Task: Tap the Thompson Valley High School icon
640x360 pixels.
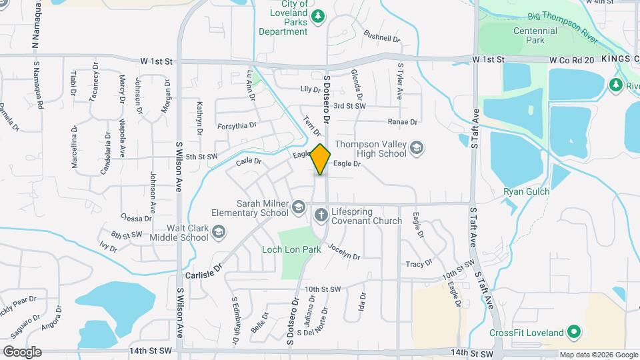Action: click(x=417, y=147)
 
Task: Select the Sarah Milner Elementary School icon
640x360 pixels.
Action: click(x=298, y=209)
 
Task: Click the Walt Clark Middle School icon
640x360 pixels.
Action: click(x=219, y=232)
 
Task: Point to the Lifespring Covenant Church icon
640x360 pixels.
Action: click(x=321, y=215)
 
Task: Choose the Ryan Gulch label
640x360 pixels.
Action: click(x=527, y=192)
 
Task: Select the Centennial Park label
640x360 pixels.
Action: click(x=535, y=36)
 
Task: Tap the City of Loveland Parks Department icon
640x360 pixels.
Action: click(x=318, y=15)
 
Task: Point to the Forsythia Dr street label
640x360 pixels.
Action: click(x=237, y=125)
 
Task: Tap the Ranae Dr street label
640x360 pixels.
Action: click(x=403, y=121)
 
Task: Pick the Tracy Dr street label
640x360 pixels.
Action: click(x=419, y=264)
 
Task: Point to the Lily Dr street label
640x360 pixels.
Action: click(x=311, y=89)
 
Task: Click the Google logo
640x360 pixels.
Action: click(x=21, y=351)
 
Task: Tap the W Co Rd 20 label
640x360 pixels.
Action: click(x=571, y=60)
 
